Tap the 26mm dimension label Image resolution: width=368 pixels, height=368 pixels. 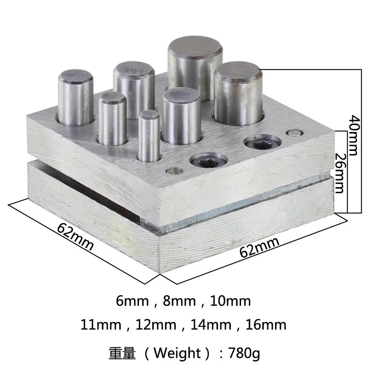click(340, 173)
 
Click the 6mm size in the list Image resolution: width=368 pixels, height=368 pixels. click(133, 302)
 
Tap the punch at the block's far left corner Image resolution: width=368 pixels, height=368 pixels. click(76, 98)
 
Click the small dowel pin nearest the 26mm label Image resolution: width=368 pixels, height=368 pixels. click(291, 133)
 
